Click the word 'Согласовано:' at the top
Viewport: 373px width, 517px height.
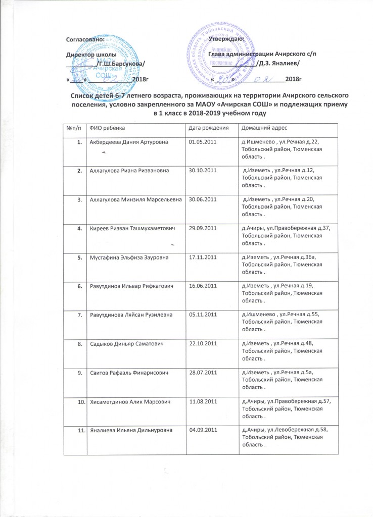click(x=86, y=39)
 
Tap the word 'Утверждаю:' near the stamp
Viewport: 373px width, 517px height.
click(x=227, y=38)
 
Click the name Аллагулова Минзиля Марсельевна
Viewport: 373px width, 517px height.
click(x=134, y=200)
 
